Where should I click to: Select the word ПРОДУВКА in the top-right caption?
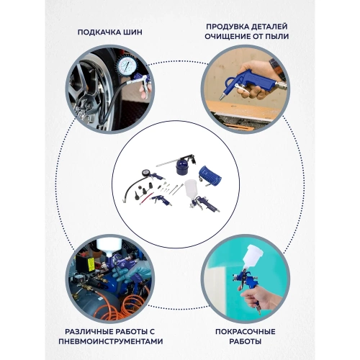pos(227,27)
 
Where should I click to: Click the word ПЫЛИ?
pos(277,36)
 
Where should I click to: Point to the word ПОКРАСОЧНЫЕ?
pos(246,332)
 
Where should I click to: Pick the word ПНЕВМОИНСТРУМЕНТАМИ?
pos(111,341)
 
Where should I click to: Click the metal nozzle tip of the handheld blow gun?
pos(221,97)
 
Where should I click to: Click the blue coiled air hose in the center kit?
pos(210,176)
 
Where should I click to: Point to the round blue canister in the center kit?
pos(183,166)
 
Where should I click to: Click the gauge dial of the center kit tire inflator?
pos(145,173)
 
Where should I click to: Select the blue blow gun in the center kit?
pos(161,200)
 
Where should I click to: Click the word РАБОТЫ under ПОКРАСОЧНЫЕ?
pos(246,341)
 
